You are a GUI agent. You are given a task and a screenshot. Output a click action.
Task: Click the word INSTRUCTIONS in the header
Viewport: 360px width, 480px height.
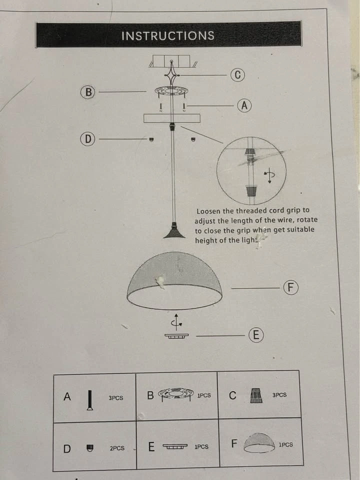pyautogui.click(x=168, y=35)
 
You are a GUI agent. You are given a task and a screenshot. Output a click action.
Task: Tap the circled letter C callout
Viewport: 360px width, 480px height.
pyautogui.click(x=237, y=75)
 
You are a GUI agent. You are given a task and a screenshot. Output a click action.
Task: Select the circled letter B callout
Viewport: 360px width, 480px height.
pyautogui.click(x=88, y=92)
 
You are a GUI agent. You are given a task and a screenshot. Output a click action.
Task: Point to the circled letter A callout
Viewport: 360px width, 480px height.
pyautogui.click(x=244, y=105)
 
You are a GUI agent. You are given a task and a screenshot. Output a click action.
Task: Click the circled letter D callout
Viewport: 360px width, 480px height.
pyautogui.click(x=87, y=139)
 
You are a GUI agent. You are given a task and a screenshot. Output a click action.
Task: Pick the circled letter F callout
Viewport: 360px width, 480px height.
pyautogui.click(x=290, y=287)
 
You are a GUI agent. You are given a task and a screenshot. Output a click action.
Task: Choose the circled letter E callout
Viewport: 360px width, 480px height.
pyautogui.click(x=256, y=335)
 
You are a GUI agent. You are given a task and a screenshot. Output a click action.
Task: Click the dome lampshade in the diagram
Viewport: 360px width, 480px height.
pyautogui.click(x=174, y=280)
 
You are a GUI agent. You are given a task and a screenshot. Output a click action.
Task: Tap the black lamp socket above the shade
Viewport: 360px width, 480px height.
pyautogui.click(x=174, y=230)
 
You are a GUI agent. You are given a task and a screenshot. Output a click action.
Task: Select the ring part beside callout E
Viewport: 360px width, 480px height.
pyautogui.click(x=176, y=336)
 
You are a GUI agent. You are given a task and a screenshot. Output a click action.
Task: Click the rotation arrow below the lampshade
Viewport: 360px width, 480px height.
pyautogui.click(x=176, y=322)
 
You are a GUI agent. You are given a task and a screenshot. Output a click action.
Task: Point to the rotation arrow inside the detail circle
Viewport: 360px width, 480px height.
pyautogui.click(x=269, y=175)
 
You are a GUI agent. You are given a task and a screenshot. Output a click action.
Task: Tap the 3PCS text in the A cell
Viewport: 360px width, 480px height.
pyautogui.click(x=115, y=398)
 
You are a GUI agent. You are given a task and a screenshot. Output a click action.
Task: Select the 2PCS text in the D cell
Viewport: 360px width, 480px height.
pyautogui.click(x=117, y=448)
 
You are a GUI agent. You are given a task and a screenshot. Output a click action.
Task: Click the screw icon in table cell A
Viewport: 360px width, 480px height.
pyautogui.click(x=89, y=400)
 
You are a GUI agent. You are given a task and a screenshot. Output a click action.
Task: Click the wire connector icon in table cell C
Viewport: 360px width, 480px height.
pyautogui.click(x=256, y=395)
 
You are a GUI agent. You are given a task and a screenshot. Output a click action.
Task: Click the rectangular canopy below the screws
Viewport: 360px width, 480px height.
pyautogui.click(x=171, y=118)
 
